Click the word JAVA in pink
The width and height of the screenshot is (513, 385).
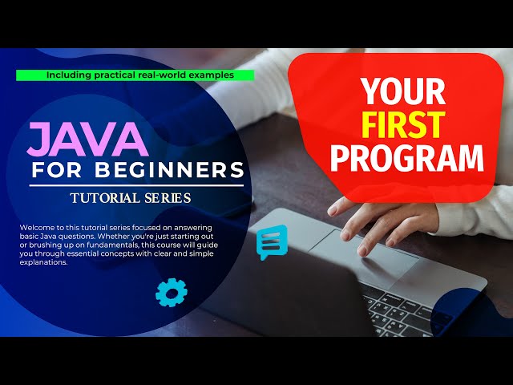click(x=87, y=140)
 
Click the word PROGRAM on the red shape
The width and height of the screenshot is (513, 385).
click(x=408, y=158)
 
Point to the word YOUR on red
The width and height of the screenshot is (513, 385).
click(x=402, y=92)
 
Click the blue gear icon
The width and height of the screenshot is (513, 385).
click(x=170, y=292)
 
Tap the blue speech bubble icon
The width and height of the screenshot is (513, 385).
click(x=272, y=241)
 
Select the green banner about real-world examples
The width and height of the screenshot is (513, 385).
click(x=135, y=75)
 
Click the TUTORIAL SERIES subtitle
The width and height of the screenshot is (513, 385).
click(x=131, y=197)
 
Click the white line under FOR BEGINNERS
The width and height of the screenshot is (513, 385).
click(x=136, y=185)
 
